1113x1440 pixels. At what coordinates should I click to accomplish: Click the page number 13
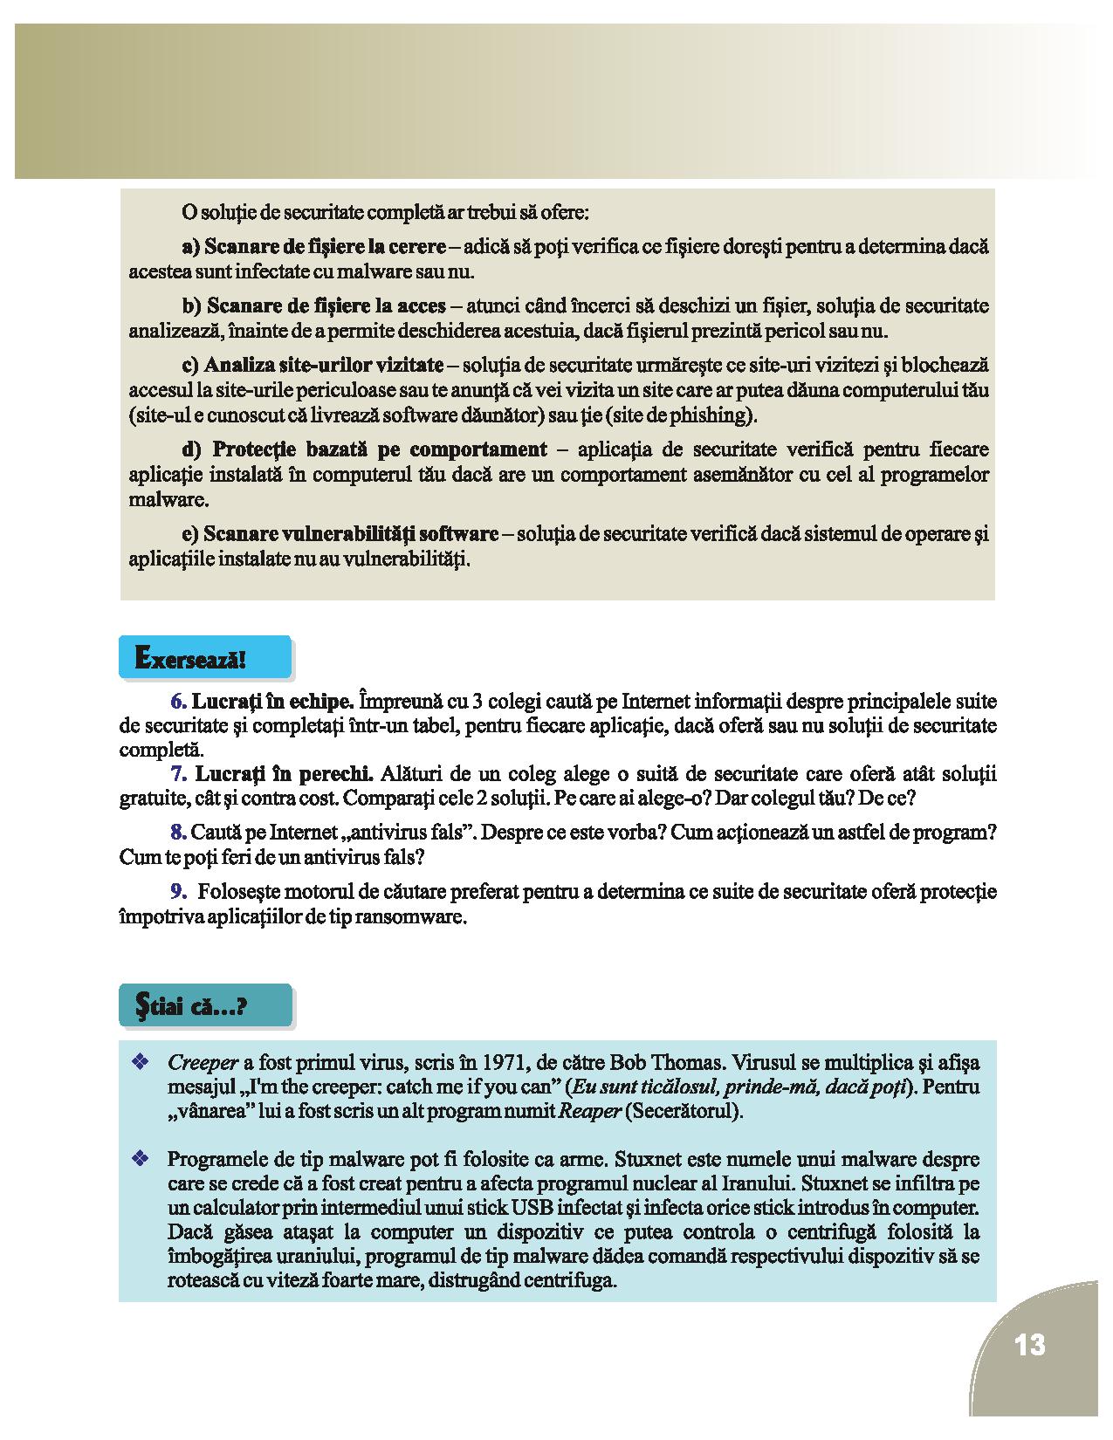(1030, 1345)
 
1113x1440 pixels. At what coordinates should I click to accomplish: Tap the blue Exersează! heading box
(204, 658)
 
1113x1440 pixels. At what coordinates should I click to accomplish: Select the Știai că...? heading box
(204, 1006)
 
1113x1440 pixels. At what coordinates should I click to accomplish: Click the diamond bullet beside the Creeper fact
(138, 1062)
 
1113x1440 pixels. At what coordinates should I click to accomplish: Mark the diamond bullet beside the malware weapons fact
(138, 1159)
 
